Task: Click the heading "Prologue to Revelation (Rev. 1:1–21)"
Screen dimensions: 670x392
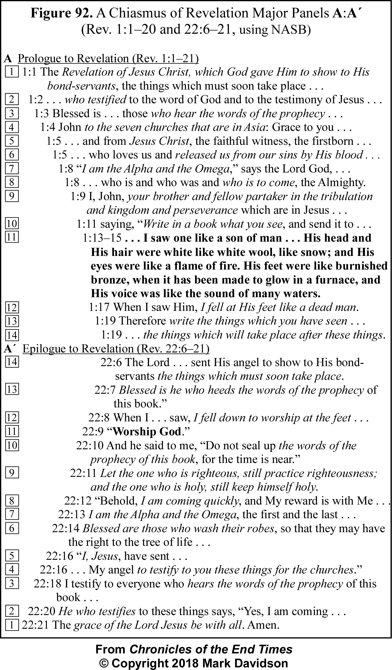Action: click(x=108, y=58)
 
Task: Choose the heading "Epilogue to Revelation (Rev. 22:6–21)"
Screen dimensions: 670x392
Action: click(x=116, y=349)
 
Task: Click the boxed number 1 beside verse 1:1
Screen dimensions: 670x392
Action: click(x=12, y=72)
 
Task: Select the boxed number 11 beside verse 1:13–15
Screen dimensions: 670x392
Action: click(x=12, y=238)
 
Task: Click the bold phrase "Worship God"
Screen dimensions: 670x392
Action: click(x=147, y=432)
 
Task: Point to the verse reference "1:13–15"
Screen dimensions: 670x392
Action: click(x=102, y=238)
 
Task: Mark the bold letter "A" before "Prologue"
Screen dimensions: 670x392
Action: click(x=8, y=59)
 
